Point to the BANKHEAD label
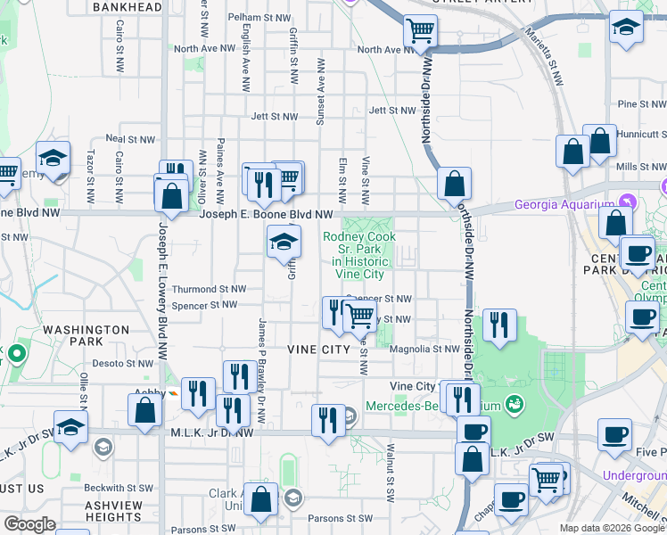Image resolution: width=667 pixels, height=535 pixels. (x=128, y=7)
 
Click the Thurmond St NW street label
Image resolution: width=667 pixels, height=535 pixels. (x=209, y=289)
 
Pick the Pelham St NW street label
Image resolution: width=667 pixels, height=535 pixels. (x=259, y=17)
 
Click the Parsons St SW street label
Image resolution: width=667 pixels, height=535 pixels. (x=340, y=518)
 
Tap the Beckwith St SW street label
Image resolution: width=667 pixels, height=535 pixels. (x=119, y=488)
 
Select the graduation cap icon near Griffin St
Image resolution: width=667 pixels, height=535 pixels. (x=284, y=241)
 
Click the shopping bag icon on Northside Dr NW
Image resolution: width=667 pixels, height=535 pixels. (x=455, y=185)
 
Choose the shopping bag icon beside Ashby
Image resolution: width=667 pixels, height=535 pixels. (x=145, y=410)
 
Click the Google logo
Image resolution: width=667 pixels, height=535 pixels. (x=29, y=523)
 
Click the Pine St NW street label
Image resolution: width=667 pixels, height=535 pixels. (x=641, y=104)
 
